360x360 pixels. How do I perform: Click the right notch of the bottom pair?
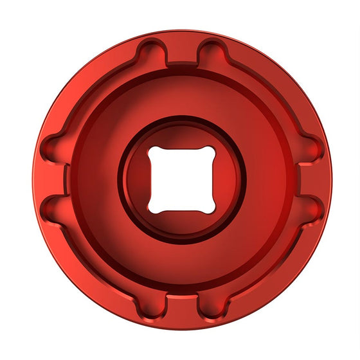[210, 307]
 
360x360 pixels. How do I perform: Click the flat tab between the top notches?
[181, 56]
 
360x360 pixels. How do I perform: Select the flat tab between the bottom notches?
[181, 302]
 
